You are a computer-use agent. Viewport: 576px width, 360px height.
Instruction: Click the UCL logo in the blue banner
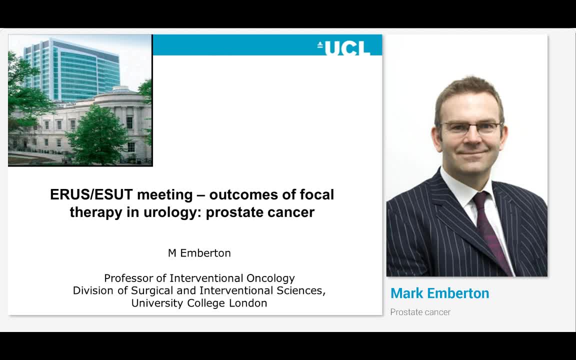pyautogui.click(x=344, y=48)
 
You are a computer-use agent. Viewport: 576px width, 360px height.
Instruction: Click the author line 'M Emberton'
pyautogui.click(x=199, y=253)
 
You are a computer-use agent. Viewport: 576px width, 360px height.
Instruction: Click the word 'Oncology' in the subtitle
pyautogui.click(x=270, y=278)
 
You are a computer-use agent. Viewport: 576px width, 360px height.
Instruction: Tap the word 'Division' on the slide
pyautogui.click(x=92, y=290)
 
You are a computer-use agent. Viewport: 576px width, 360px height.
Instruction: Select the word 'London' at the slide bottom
pyautogui.click(x=248, y=303)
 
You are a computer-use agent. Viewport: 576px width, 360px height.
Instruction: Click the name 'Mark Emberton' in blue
pyautogui.click(x=439, y=293)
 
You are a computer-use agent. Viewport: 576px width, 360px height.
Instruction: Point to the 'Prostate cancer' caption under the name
pyautogui.click(x=420, y=312)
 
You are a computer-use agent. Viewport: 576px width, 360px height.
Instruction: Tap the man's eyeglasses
pyautogui.click(x=470, y=127)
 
